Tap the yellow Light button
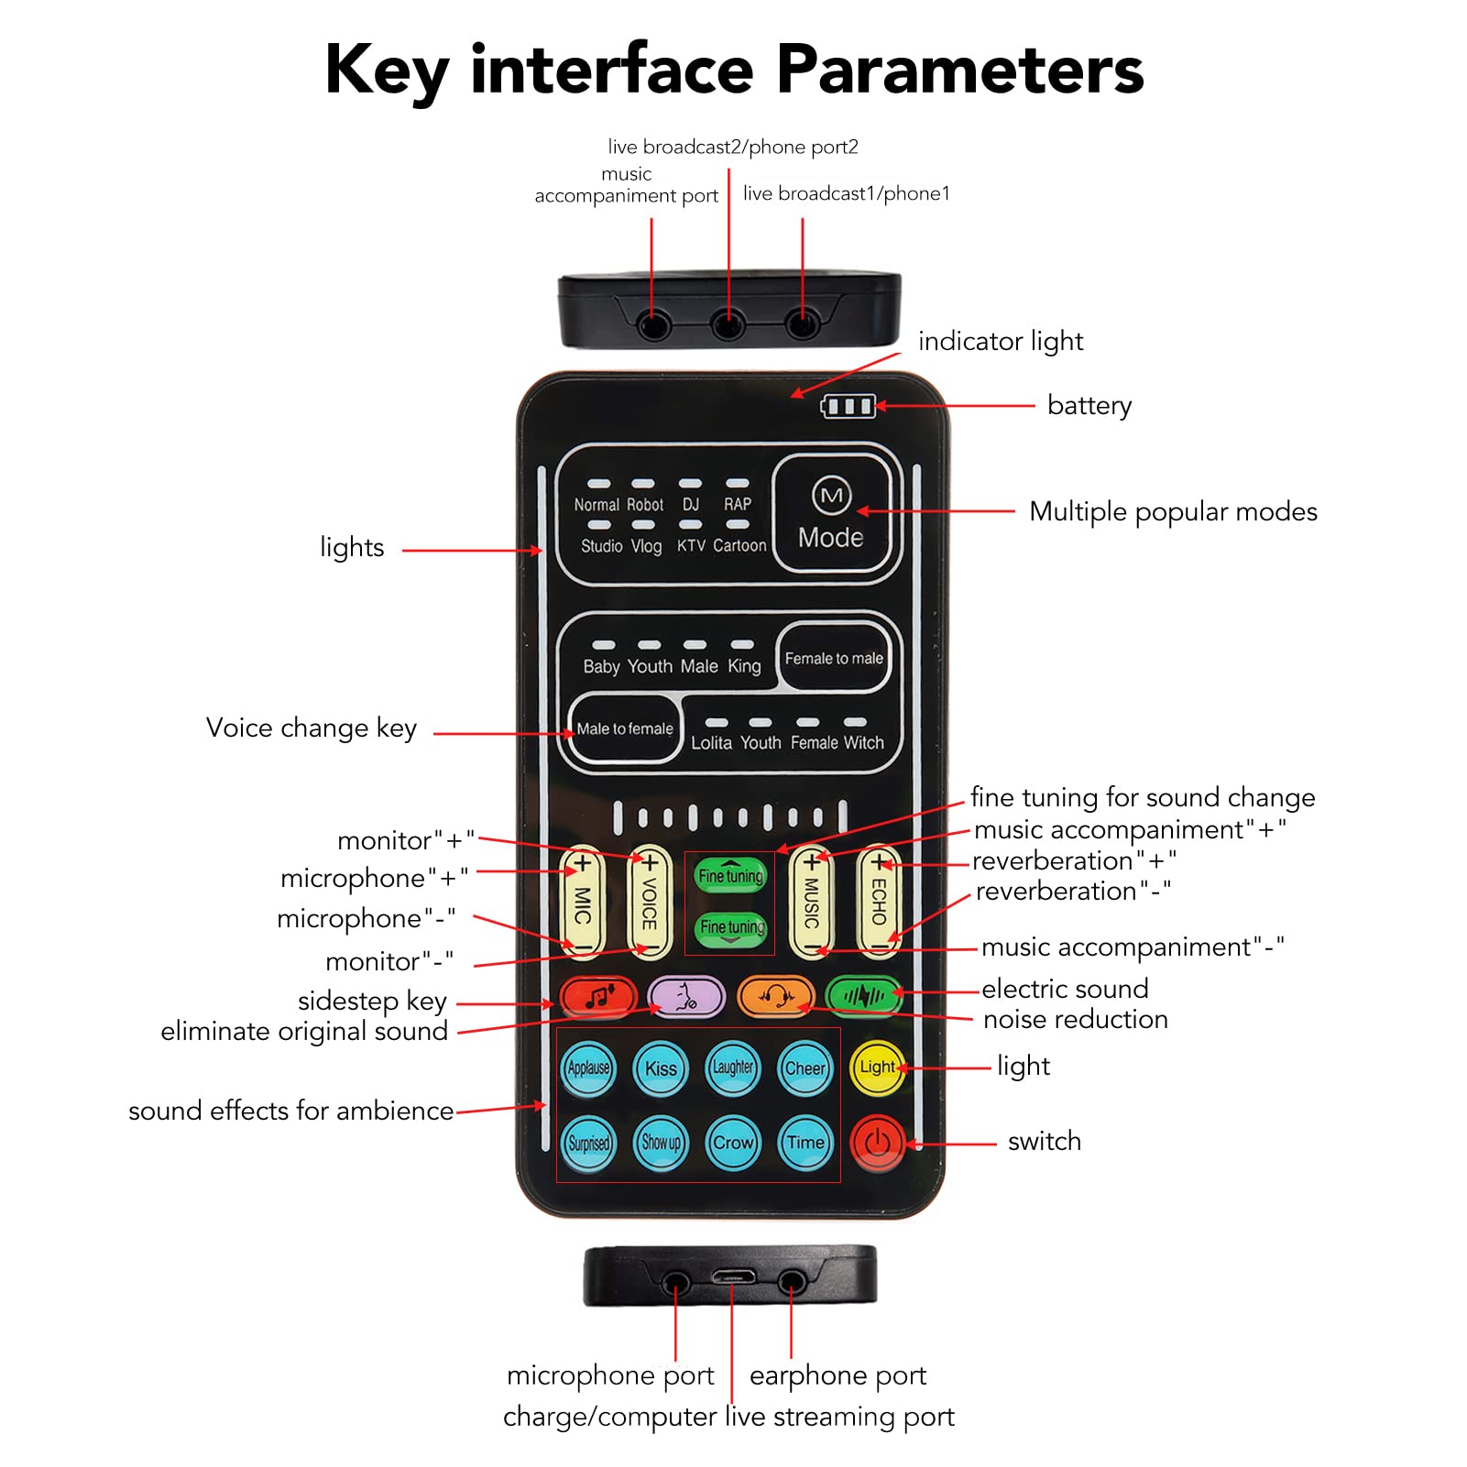(x=877, y=1067)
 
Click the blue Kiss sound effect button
(x=661, y=1068)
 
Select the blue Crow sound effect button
(x=733, y=1143)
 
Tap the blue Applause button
(x=588, y=1068)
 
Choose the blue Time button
(x=805, y=1143)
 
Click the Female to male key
(x=834, y=658)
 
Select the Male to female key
(x=625, y=729)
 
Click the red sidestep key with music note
(x=598, y=996)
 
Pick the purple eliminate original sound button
(x=686, y=996)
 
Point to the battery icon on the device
(x=848, y=406)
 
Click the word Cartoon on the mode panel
(x=739, y=546)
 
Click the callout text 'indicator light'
(x=1001, y=342)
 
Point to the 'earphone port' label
(x=838, y=1375)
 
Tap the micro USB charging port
(x=733, y=1275)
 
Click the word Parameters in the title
(x=960, y=70)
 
